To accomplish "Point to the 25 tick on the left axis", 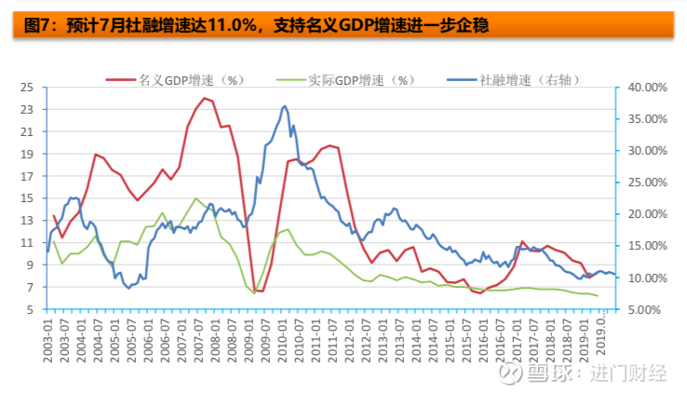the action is click(x=27, y=88).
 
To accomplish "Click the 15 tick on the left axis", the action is click(x=27, y=198).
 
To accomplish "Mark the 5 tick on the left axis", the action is click(x=30, y=309).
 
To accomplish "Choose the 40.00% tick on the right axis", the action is click(x=648, y=88).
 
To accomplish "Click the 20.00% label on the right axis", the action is click(x=648, y=214).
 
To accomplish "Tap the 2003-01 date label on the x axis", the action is click(x=47, y=341).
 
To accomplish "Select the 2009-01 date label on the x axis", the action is click(x=249, y=341).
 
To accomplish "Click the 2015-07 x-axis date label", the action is click(x=466, y=341).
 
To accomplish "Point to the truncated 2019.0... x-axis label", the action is click(x=600, y=333).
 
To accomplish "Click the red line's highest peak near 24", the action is click(x=204, y=98).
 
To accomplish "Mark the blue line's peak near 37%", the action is click(x=285, y=106).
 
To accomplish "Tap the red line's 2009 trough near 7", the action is click(x=259, y=291).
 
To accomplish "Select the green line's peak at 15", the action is click(x=195, y=198).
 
